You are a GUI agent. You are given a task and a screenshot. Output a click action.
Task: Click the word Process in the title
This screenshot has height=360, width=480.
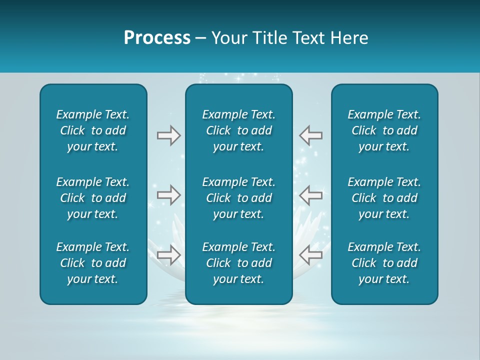[x=157, y=38]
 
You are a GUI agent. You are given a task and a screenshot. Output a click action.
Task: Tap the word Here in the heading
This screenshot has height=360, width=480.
[x=349, y=38]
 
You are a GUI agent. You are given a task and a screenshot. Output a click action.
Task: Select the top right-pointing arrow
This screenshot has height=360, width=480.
[x=168, y=135]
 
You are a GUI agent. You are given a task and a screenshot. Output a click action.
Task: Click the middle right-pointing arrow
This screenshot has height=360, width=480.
[x=168, y=195]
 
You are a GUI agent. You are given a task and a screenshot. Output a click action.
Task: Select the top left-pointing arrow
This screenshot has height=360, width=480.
[x=311, y=135]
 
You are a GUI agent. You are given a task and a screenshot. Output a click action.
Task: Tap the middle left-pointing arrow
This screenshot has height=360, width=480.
[x=311, y=195]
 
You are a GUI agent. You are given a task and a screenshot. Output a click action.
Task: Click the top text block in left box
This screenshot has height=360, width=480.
[x=93, y=130]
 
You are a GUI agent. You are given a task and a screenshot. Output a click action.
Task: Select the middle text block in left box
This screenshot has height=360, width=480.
[x=93, y=198]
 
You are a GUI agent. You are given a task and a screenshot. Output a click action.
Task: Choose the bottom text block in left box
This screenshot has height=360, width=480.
[x=93, y=263]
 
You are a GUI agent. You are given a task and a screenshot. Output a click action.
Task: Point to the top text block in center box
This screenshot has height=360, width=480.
[x=238, y=130]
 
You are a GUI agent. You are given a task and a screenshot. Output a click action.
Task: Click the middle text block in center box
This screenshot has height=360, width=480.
[x=238, y=198]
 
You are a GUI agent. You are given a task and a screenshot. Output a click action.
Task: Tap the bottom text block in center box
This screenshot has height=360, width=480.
[x=238, y=263]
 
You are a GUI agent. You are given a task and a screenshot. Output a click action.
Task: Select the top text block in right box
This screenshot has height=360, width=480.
[x=384, y=130]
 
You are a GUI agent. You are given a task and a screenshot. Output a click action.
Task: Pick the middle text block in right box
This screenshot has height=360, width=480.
[x=384, y=198]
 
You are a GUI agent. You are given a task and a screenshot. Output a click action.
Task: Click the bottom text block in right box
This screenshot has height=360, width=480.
[x=384, y=263]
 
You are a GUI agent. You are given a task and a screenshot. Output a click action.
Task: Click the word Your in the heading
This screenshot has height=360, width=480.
[x=228, y=38]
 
